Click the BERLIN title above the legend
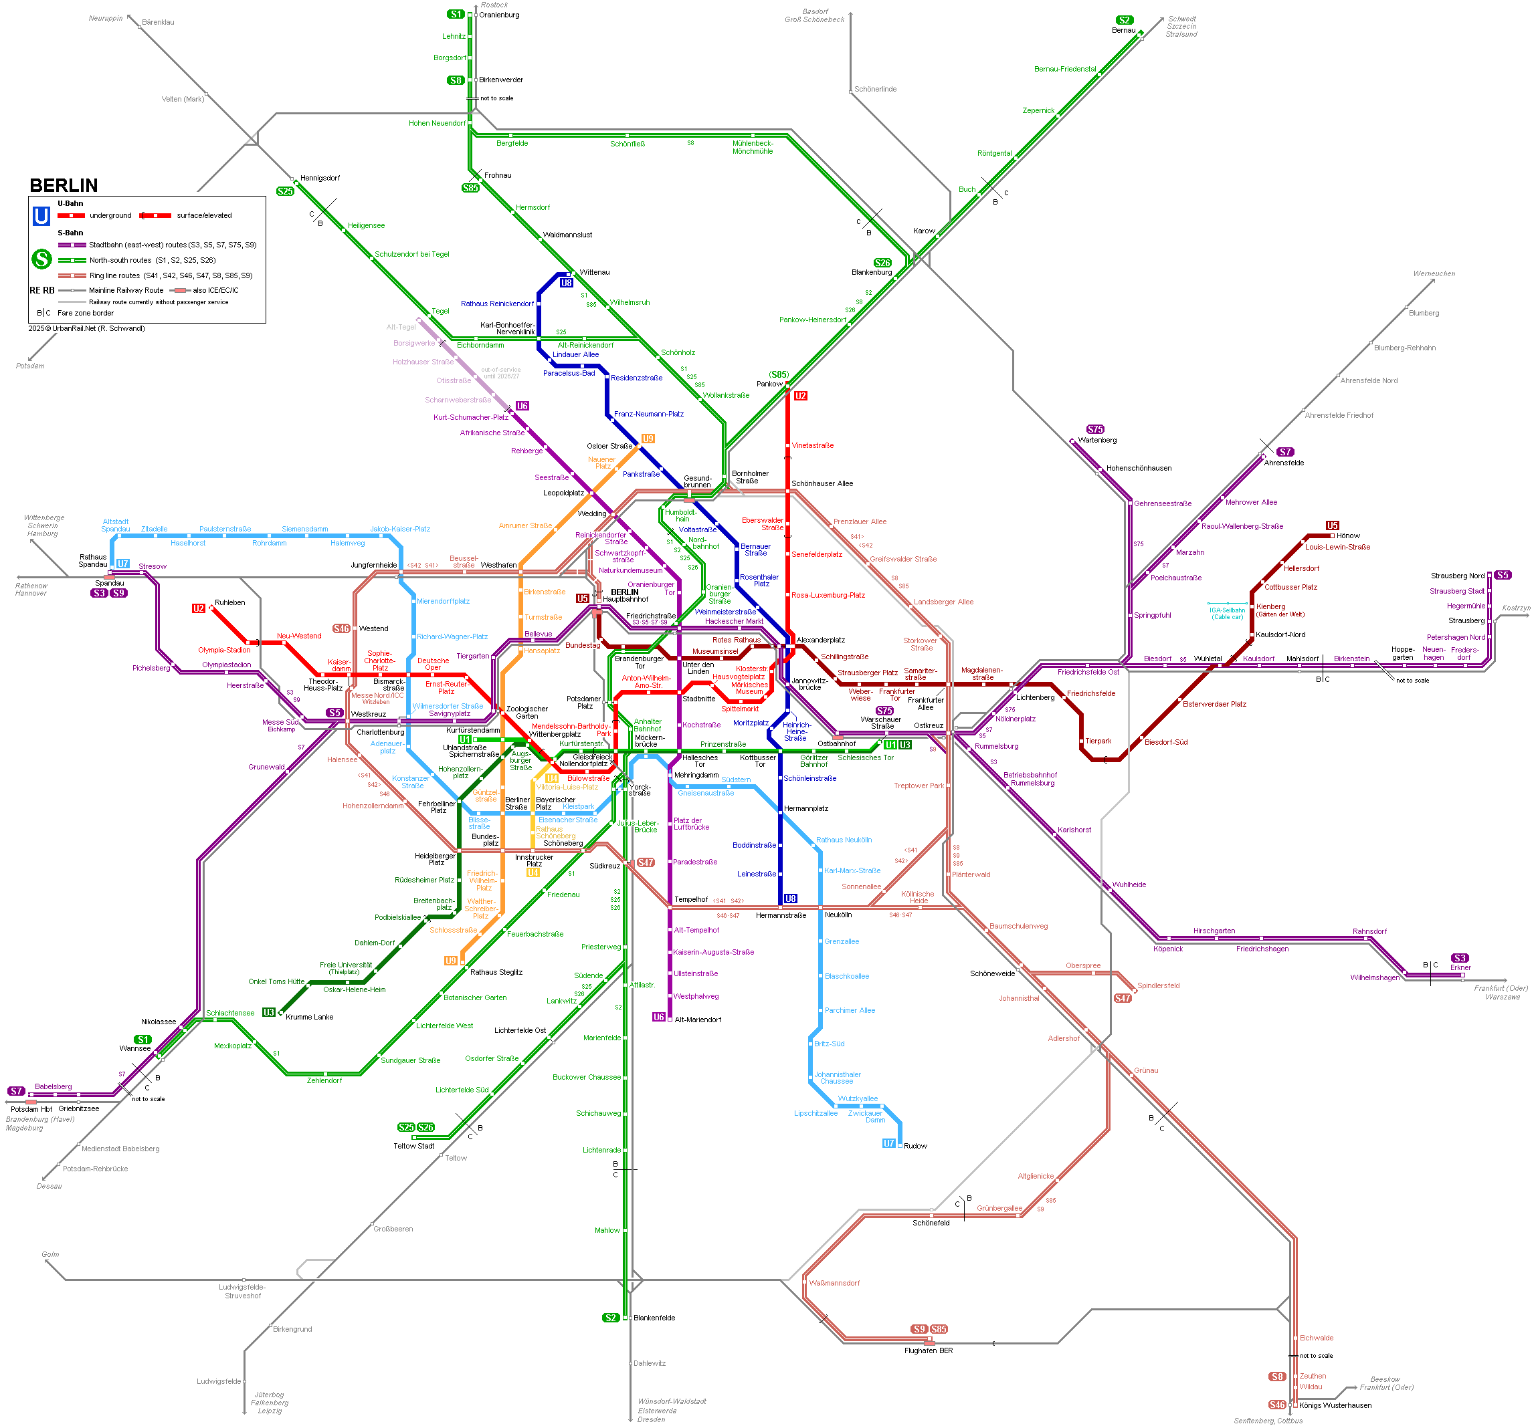(64, 185)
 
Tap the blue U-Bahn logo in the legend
(41, 216)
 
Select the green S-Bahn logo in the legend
(41, 259)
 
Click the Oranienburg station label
(499, 15)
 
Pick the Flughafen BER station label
(928, 1350)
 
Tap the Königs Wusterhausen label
(1335, 1405)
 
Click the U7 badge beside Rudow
(888, 1143)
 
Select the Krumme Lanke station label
(309, 1017)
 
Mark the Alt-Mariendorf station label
(698, 1020)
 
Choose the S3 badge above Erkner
(1460, 957)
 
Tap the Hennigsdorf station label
(320, 178)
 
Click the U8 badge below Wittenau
(567, 283)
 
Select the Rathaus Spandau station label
(93, 561)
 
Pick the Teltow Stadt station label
(413, 1146)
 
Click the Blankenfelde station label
(654, 1318)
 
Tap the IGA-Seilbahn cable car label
(1227, 613)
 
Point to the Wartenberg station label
(1097, 440)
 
